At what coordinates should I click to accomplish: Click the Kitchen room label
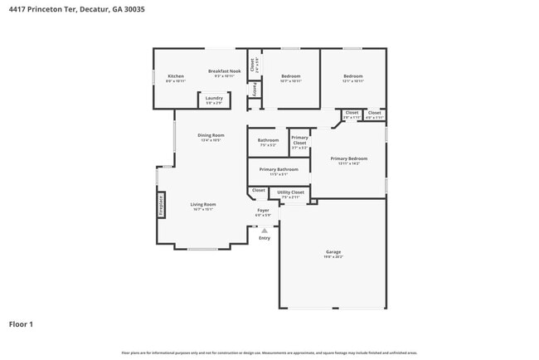(175, 76)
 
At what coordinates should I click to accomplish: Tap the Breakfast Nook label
(224, 72)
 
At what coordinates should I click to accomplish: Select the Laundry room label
(214, 99)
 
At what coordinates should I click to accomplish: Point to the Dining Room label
(211, 135)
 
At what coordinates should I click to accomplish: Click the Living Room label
(202, 204)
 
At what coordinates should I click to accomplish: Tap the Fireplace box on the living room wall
(162, 205)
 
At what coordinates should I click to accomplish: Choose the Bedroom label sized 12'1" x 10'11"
(353, 76)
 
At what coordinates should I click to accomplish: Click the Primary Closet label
(299, 140)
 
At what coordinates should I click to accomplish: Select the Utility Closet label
(290, 192)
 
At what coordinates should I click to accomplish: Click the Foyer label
(263, 211)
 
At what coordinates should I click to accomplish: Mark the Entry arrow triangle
(264, 230)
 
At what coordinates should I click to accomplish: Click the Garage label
(333, 251)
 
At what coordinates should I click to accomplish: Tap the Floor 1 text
(21, 324)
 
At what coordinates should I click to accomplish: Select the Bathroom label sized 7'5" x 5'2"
(268, 140)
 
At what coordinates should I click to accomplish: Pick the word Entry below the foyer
(264, 238)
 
